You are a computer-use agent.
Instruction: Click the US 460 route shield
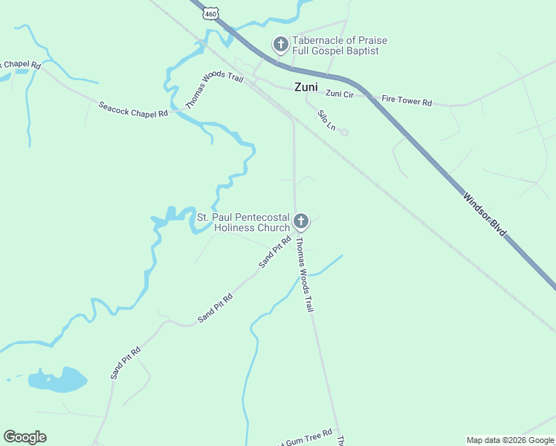coord(213,14)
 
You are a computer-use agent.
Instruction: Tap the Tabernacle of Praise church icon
coord(281,45)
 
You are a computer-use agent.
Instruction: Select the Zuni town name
coord(306,87)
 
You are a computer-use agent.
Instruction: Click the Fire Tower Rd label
coord(407,100)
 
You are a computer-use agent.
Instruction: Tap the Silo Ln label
coord(326,120)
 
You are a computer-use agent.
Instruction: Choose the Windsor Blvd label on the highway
coord(485,216)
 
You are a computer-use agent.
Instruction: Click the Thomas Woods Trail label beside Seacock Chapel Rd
coord(214,91)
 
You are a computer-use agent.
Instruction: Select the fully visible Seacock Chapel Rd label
coord(133,109)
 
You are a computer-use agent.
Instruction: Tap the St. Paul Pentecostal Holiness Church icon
coord(301,221)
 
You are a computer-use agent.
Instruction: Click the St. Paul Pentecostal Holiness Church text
coord(242,222)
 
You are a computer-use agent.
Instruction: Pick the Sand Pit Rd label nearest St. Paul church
coord(274,252)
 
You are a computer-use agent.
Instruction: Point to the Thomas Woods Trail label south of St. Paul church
coord(302,274)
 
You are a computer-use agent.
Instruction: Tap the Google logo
coord(25,437)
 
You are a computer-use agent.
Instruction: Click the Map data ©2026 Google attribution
coord(510,440)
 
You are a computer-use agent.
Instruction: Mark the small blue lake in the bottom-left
coord(58,380)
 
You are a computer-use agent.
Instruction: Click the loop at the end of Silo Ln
coord(344,132)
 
